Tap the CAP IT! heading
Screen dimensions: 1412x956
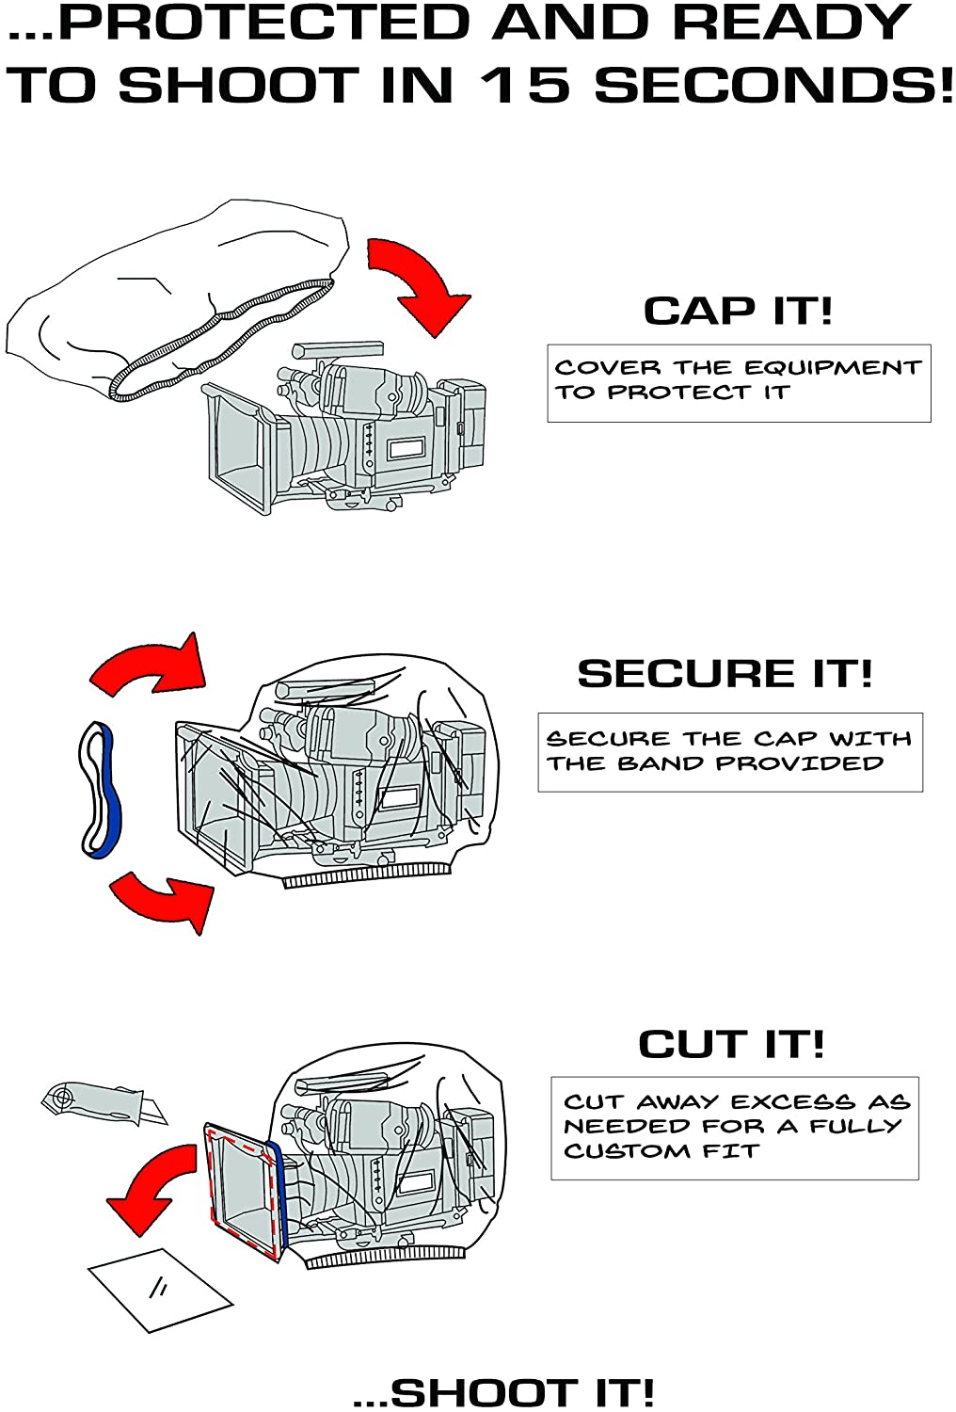738,311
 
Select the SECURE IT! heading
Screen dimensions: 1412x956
725,674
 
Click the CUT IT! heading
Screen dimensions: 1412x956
731,1044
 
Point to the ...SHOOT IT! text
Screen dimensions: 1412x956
503,1392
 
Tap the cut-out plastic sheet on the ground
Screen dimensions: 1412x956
160,1289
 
